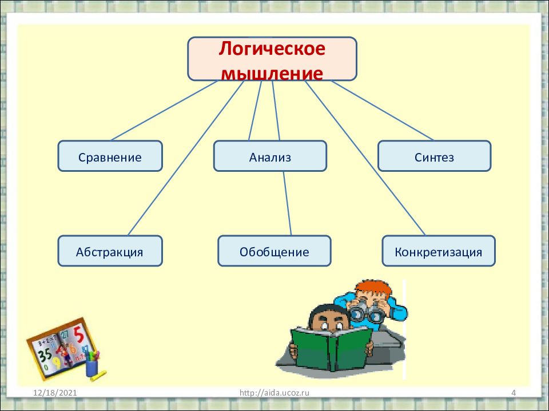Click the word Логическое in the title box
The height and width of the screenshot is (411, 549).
tap(272, 49)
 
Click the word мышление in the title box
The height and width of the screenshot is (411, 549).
tap(272, 73)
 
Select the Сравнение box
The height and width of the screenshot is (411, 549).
tap(110, 156)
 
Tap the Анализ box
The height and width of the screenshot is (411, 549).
tap(270, 156)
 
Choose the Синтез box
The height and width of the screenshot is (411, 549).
tap(435, 156)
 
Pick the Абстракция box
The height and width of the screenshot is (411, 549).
tap(110, 251)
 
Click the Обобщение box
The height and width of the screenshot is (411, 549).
tap(274, 251)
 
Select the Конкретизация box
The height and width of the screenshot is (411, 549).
tap(438, 251)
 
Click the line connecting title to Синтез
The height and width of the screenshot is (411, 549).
tap(382, 110)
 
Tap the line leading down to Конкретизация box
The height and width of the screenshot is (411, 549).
tap(366, 160)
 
